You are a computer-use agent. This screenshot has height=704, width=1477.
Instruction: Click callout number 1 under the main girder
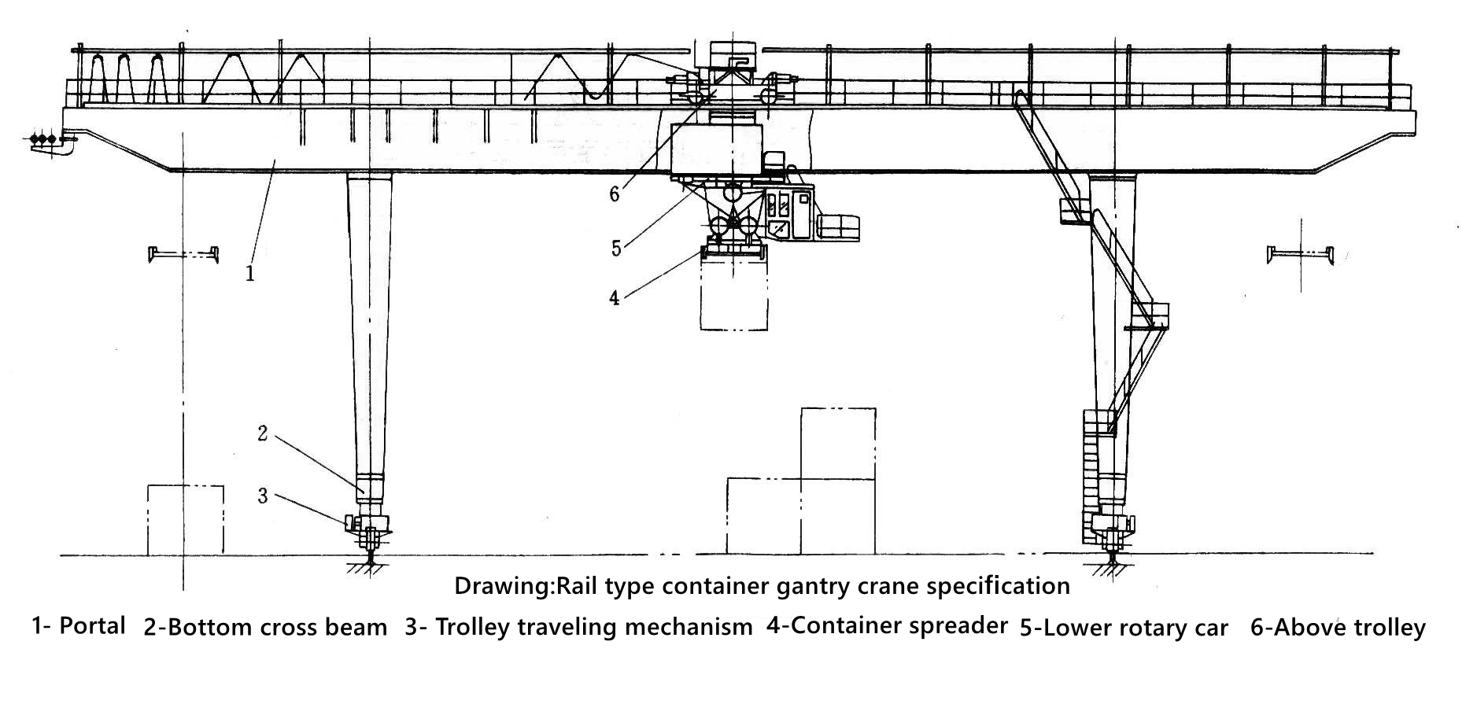pos(250,274)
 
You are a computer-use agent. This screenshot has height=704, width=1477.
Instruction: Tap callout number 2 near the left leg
pos(263,433)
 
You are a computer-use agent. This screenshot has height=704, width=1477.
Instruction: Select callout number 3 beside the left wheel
pos(263,496)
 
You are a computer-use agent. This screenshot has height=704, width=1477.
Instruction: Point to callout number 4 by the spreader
pos(615,298)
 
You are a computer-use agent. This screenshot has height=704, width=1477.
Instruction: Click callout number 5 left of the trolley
pos(617,249)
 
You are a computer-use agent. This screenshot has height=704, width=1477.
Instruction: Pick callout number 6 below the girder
pos(615,194)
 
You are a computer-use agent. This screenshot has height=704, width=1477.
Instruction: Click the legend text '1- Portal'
pos(79,626)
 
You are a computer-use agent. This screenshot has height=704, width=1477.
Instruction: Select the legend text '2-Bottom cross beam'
pos(265,628)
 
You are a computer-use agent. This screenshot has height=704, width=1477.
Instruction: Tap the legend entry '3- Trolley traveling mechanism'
pos(578,627)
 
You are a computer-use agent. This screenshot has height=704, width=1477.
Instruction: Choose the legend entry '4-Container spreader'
pos(887,625)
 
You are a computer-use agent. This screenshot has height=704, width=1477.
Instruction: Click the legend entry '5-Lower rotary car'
pos(1124,628)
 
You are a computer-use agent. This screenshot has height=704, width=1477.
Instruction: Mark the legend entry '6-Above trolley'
pos(1338,628)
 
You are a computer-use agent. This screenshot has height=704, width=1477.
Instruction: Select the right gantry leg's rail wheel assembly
pos(1112,533)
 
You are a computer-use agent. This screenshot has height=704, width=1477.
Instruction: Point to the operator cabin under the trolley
pos(789,215)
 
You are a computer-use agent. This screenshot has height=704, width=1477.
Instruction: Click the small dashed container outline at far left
pos(186,520)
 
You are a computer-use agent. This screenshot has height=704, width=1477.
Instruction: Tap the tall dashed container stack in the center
pos(837,480)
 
